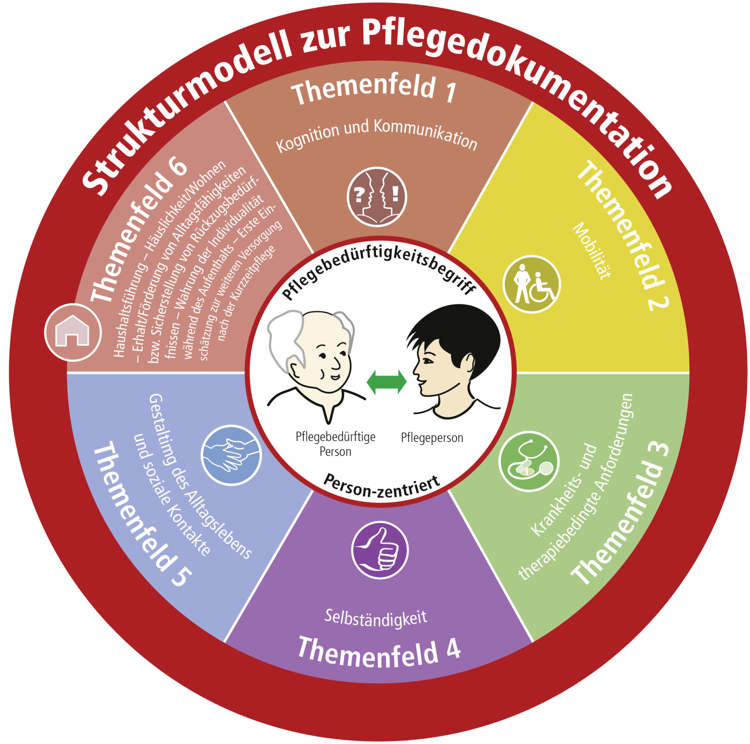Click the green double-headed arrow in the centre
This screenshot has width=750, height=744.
(386, 382)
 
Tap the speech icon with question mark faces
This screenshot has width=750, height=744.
(376, 197)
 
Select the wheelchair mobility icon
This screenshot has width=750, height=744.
(531, 284)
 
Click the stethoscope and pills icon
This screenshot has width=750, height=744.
(528, 461)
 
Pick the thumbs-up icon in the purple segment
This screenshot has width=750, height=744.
(380, 550)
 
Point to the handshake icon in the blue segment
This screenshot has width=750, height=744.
(231, 455)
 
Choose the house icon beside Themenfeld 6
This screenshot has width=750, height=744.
(73, 333)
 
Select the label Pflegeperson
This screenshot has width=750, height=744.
(432, 438)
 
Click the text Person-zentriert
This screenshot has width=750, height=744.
(381, 486)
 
